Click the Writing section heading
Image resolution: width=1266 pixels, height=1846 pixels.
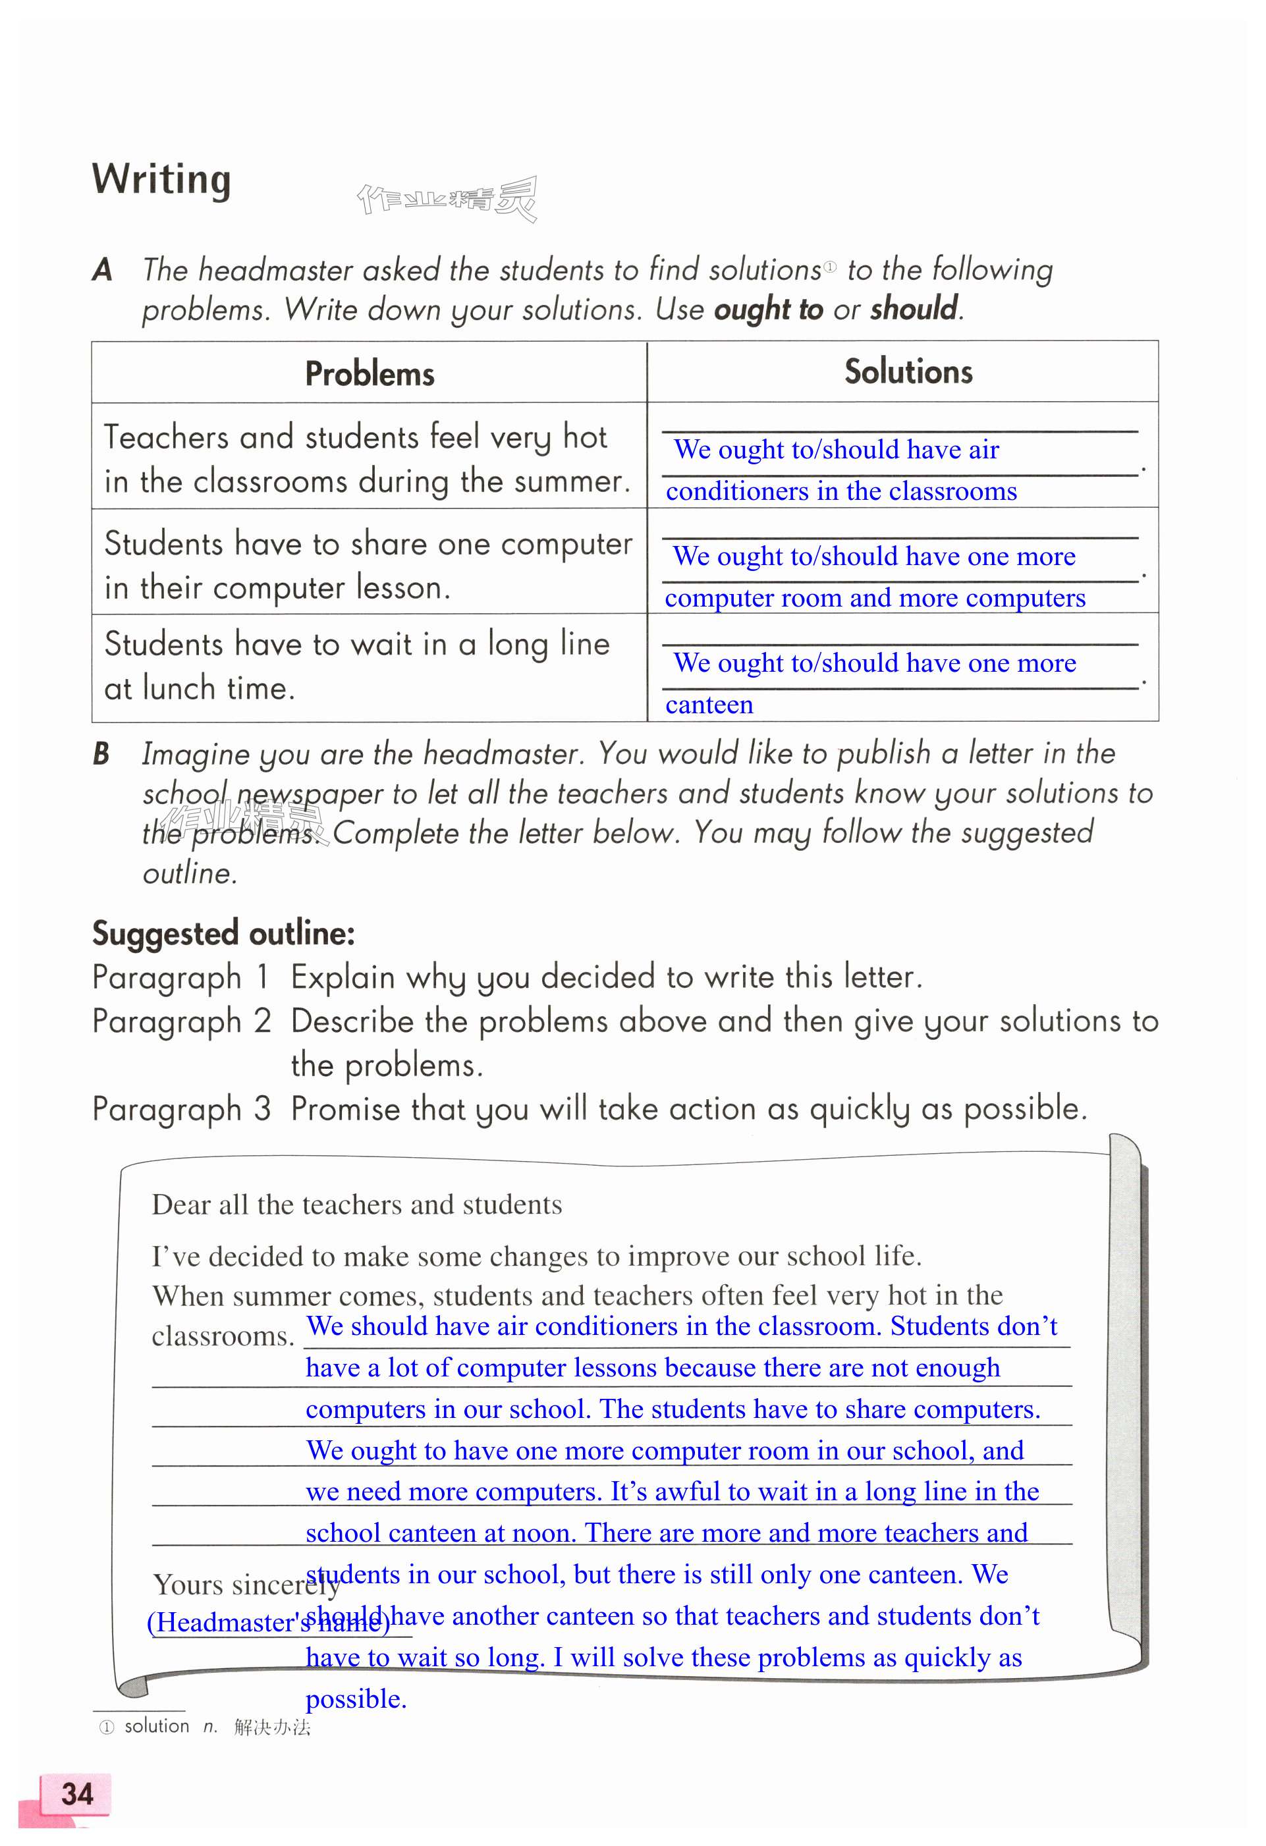(x=161, y=180)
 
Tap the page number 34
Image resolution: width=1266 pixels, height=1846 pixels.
(x=77, y=1793)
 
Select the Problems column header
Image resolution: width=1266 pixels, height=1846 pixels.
(x=370, y=373)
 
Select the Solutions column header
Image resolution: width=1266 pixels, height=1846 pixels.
(x=908, y=371)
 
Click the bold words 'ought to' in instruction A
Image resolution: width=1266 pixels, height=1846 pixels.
(x=768, y=309)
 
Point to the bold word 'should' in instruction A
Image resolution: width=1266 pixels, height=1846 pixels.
(x=914, y=308)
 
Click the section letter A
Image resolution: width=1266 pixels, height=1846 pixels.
(x=101, y=270)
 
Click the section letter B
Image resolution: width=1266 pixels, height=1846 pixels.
(x=101, y=754)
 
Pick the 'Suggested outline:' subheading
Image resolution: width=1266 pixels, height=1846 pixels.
(x=223, y=933)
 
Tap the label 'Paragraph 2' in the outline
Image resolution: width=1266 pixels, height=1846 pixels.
(x=181, y=1021)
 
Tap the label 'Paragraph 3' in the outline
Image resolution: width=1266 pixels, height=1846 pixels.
(x=181, y=1109)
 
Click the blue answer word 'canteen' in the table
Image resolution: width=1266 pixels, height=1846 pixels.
(x=709, y=705)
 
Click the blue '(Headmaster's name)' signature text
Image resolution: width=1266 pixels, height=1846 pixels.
(x=269, y=1622)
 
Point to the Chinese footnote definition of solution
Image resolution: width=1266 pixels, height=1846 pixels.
(x=271, y=1727)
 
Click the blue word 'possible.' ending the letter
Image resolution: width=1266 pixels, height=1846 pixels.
(x=356, y=1699)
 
